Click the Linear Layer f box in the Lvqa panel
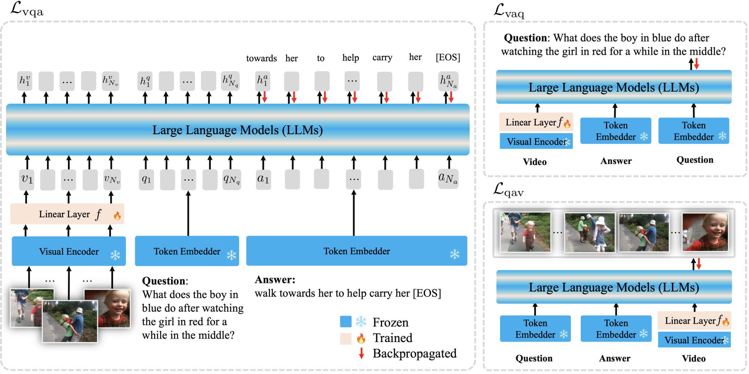(x=67, y=214)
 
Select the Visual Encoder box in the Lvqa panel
(x=69, y=251)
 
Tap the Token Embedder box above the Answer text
(x=357, y=251)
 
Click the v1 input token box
(x=27, y=179)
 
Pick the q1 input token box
(x=146, y=179)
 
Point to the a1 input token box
(x=263, y=179)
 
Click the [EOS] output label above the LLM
(x=448, y=58)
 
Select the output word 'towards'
(x=261, y=58)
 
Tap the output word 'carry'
(x=382, y=58)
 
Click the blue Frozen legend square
(x=346, y=321)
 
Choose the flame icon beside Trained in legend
(x=361, y=338)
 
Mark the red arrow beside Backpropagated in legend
(x=361, y=353)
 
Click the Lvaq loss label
(x=509, y=11)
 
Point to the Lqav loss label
(x=509, y=189)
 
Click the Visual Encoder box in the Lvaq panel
(x=536, y=141)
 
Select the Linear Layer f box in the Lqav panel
(x=694, y=320)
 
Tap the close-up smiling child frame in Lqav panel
(x=705, y=232)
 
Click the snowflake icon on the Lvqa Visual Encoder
(x=115, y=255)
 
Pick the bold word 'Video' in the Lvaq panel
(x=535, y=162)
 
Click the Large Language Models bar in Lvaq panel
(x=614, y=87)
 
